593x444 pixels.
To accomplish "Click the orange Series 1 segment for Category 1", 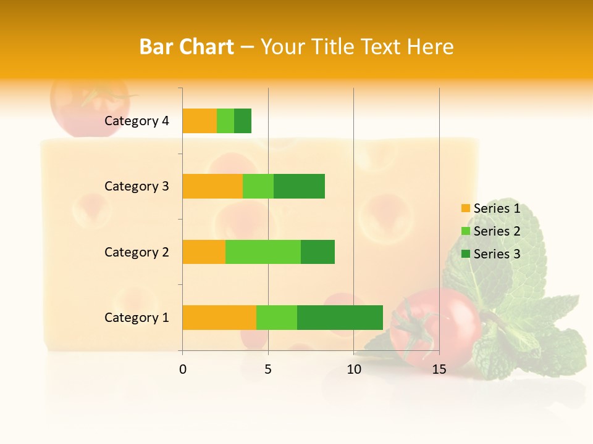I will click(219, 317).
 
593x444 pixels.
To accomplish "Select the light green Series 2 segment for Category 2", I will click(263, 252).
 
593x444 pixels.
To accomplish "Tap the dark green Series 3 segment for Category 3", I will click(299, 186).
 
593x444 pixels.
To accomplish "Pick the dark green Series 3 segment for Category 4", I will click(243, 121).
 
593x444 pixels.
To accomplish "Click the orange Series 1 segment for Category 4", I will click(200, 121).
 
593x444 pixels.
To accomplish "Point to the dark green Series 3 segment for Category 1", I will click(340, 317).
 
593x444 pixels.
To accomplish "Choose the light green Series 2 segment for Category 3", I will click(258, 186).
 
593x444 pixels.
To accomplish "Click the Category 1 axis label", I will click(137, 318).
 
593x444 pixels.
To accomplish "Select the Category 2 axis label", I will click(137, 252).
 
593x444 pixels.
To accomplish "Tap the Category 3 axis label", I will click(137, 186).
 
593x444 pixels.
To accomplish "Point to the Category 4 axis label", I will click(137, 121).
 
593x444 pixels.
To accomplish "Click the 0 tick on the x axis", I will click(183, 369).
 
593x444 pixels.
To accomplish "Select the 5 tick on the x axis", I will click(268, 369).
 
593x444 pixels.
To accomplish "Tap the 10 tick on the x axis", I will click(353, 369).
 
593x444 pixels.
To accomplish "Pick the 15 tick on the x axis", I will click(439, 369).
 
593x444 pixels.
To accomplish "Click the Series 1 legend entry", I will click(491, 208).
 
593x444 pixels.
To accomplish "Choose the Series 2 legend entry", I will click(491, 231).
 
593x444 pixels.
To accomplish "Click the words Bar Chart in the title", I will click(187, 46).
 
